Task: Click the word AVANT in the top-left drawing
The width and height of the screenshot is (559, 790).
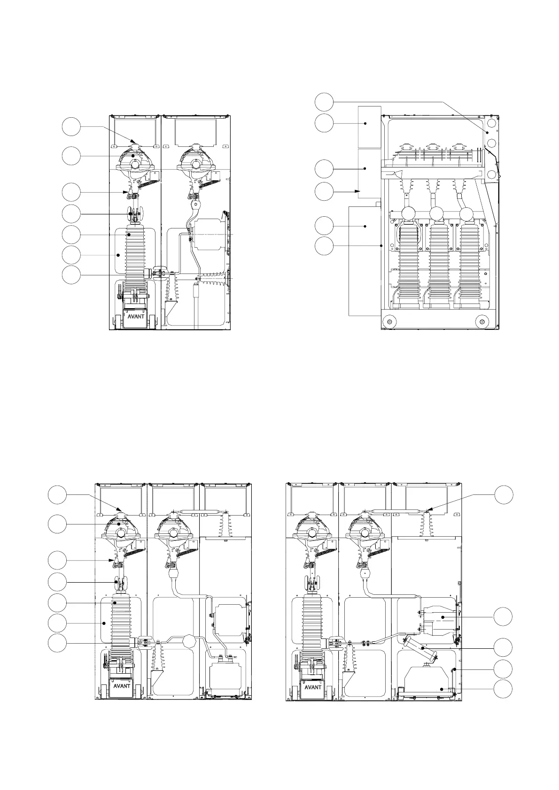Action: click(136, 316)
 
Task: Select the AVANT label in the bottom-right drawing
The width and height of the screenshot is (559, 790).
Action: click(313, 687)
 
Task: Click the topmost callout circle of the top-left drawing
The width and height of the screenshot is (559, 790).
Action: click(71, 127)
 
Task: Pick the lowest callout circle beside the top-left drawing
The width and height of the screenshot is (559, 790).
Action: click(71, 275)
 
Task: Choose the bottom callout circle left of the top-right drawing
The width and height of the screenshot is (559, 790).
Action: click(324, 246)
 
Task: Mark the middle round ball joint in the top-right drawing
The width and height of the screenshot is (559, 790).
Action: click(437, 213)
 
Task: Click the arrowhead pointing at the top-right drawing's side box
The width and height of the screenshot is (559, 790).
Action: click(358, 191)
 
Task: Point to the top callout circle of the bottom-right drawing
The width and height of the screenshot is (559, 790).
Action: click(504, 495)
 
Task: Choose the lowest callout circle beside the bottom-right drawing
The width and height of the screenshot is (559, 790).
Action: click(503, 689)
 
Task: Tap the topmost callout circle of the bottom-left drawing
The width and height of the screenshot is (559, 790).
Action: click(57, 495)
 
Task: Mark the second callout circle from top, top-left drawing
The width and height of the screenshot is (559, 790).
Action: click(71, 156)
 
